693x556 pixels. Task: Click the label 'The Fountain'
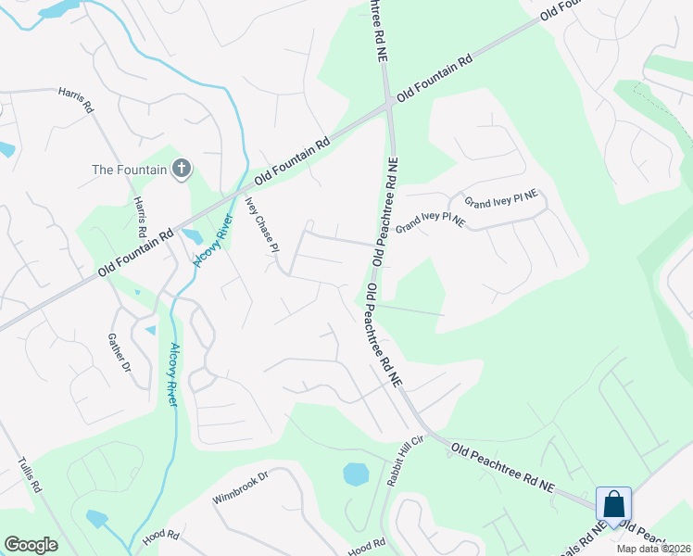point(129,170)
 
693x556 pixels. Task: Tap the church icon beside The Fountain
point(182,169)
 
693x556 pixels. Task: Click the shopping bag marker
point(613,505)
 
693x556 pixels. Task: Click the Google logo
point(31,545)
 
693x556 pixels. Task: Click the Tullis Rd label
point(31,474)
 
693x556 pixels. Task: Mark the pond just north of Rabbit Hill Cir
point(356,474)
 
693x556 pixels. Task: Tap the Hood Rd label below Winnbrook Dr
point(160,537)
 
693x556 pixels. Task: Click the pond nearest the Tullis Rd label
point(96,518)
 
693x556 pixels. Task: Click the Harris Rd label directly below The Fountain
point(141,215)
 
